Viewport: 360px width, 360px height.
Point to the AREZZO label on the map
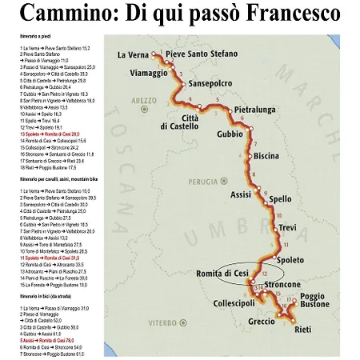pos(146,101)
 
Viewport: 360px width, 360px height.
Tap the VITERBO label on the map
pos(160,322)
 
